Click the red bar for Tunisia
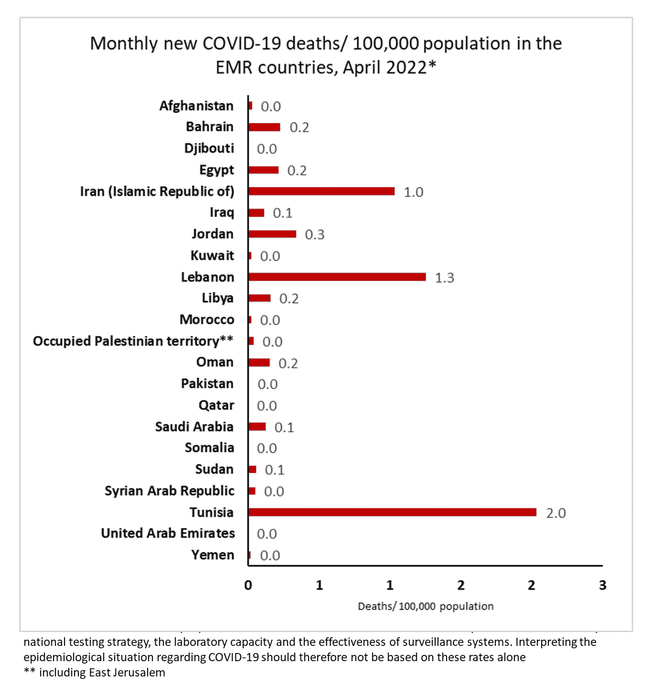(x=392, y=512)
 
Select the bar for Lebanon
(x=337, y=277)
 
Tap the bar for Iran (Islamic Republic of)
(x=321, y=192)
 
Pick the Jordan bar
(x=272, y=234)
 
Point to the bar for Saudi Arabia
(x=257, y=427)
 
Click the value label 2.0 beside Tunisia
(x=556, y=513)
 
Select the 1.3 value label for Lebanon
(x=445, y=278)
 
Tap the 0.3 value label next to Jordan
(x=315, y=235)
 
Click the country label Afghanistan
(x=196, y=106)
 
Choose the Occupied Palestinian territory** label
(x=133, y=341)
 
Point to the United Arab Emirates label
(x=168, y=533)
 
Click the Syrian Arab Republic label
(x=170, y=491)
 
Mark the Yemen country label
(x=213, y=555)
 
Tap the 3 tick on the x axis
(x=602, y=585)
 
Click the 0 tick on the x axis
(x=248, y=585)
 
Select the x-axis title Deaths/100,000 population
(x=426, y=606)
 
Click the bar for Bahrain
(x=264, y=127)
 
